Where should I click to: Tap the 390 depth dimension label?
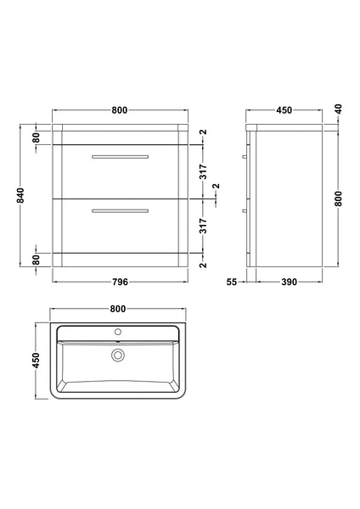point(290,282)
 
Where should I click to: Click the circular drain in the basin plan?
point(119,355)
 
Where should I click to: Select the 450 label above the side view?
point(284,109)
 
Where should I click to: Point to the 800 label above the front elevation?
point(119,109)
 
